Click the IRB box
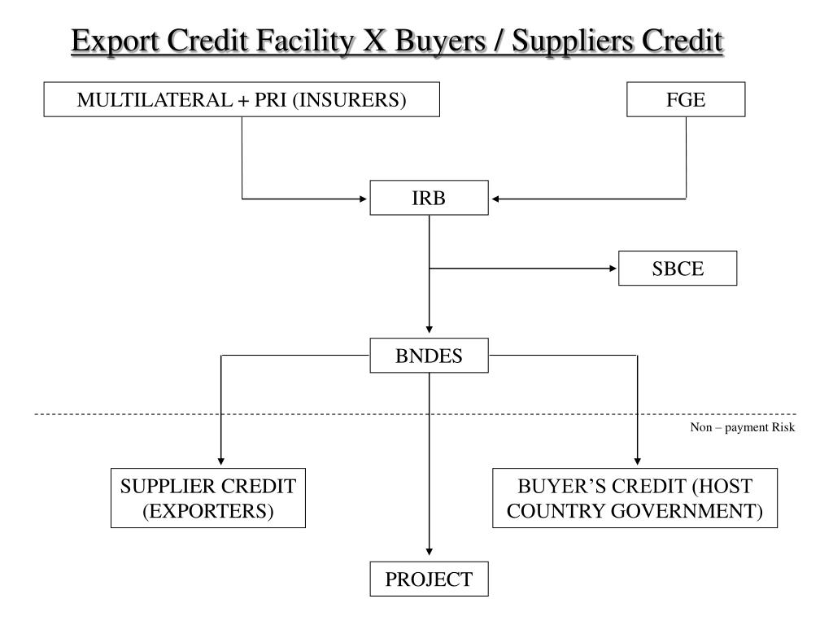429,198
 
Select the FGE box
685,101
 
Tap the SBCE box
677,269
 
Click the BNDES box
429,356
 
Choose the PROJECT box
429,579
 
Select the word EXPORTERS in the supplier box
209,511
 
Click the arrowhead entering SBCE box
613,268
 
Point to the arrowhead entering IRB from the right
496,198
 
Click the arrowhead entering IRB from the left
364,198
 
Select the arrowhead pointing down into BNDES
429,332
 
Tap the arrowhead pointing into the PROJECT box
429,555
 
